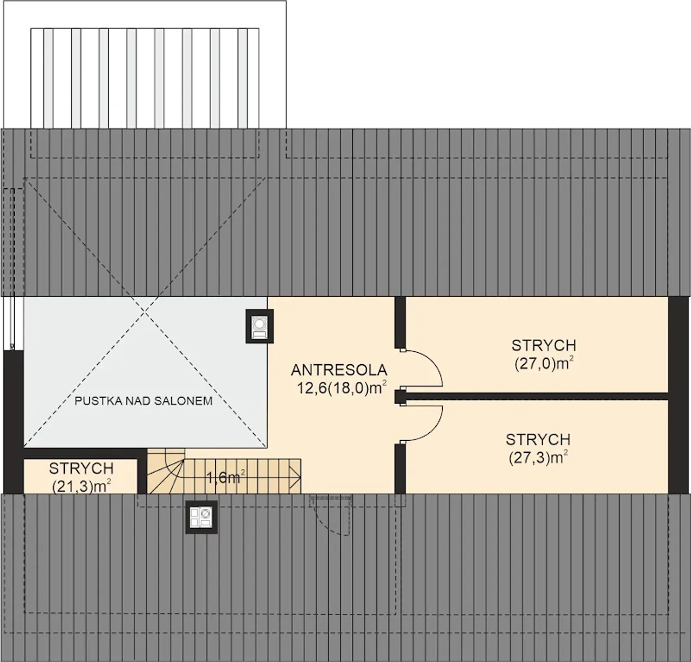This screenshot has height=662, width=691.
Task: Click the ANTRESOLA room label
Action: (339, 370)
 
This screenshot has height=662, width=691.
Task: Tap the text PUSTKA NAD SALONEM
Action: (144, 401)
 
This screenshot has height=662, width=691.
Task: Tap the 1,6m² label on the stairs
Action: (226, 477)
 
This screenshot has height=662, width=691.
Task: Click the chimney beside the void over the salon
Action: (260, 326)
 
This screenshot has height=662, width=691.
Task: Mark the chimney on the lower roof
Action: (201, 517)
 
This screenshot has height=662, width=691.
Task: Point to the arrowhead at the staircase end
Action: (295, 477)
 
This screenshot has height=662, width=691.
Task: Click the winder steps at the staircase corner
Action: (166, 471)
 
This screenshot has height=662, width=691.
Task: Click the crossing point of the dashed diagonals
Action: (145, 312)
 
